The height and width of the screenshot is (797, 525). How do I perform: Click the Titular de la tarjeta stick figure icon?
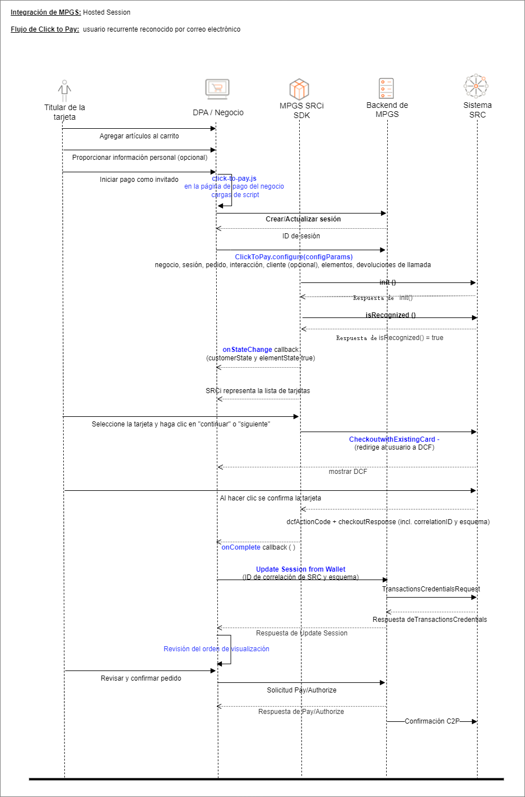64,90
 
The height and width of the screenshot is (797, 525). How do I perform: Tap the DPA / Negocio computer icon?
217,89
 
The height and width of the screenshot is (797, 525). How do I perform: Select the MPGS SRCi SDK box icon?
299,89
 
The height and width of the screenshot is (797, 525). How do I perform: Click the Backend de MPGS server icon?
386,89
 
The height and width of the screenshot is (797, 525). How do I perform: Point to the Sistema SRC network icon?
476,86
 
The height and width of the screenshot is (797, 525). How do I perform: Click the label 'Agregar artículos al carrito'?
139,136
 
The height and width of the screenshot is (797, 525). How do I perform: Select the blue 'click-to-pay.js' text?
234,178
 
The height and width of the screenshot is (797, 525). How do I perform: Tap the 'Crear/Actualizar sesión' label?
303,219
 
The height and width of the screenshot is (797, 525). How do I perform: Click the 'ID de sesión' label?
301,236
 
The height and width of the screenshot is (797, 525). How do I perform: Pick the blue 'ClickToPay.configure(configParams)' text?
294,257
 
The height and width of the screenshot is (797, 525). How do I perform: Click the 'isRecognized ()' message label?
391,315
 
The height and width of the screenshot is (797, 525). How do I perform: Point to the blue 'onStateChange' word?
247,350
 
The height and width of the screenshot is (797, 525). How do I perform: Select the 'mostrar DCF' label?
348,472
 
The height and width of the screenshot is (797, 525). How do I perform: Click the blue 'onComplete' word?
241,547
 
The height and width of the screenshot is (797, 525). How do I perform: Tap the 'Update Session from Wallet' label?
300,569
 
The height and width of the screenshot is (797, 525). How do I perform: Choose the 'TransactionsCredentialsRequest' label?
431,589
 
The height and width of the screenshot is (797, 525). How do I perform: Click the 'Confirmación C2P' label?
432,721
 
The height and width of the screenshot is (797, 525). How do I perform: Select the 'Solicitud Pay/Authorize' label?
301,690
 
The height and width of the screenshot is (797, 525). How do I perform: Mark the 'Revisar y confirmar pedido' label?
141,678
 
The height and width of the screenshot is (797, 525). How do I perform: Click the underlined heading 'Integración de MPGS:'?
46,12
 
